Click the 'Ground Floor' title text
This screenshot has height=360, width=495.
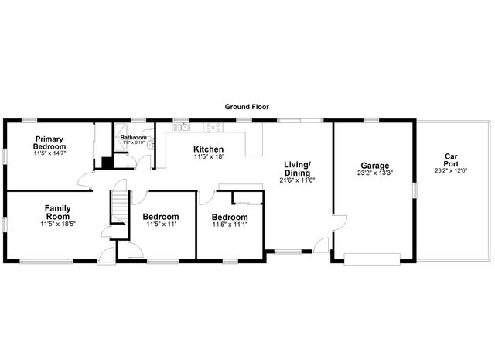[x=247, y=107]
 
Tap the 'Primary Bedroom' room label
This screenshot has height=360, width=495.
[x=49, y=143]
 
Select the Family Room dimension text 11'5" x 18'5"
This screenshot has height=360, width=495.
[x=58, y=224]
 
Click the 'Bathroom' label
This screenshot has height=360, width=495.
[x=133, y=138]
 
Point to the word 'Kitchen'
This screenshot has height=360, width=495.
[x=208, y=149]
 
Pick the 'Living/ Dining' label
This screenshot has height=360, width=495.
[x=297, y=168]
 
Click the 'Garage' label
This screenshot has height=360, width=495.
[x=374, y=166]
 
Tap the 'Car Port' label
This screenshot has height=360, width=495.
[x=451, y=159]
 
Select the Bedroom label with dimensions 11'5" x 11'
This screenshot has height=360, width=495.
[x=162, y=217]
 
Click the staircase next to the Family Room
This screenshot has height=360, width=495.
[x=119, y=206]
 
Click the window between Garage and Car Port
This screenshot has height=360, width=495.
[x=415, y=190]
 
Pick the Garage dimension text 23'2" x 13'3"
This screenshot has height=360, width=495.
[x=374, y=174]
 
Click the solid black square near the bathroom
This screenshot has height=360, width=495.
[x=107, y=163]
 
